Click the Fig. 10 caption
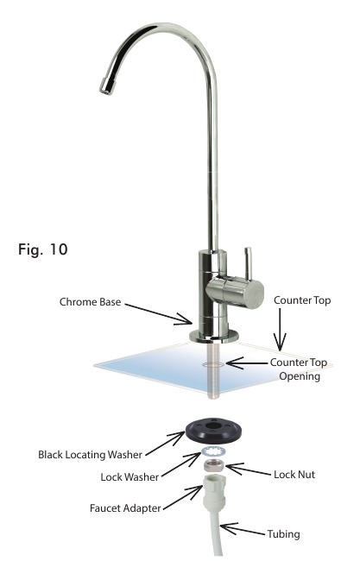pos(42,249)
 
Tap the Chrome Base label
pos(90,302)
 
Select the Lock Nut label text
pos(294,475)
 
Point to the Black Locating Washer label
pos(90,455)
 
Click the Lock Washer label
pos(129,477)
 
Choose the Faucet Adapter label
pos(125,508)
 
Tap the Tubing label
pos(283,534)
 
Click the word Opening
pos(300,377)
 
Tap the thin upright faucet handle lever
pos(248,263)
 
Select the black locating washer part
pos(213,430)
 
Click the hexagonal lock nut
pos(214,464)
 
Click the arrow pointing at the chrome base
pos(159,314)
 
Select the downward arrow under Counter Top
pos(280,329)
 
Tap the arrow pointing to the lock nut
pos(248,469)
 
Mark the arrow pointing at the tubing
pos(243,529)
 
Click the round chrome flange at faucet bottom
pos(214,337)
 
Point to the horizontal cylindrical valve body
pos(235,292)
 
